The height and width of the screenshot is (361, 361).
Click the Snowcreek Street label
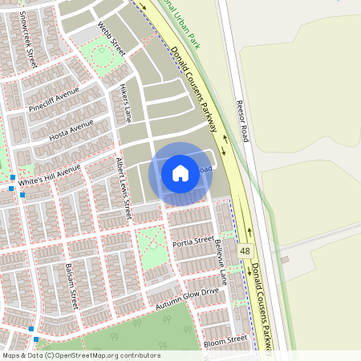tap(30, 38)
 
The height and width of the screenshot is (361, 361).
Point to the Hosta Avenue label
tap(71, 130)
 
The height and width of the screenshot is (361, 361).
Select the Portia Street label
tap(193, 240)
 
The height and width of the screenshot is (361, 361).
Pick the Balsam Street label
tap(71, 286)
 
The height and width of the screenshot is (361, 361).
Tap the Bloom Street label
tap(225, 340)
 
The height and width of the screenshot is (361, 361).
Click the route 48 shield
tap(245, 251)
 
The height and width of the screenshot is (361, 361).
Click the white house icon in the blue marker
tap(180, 172)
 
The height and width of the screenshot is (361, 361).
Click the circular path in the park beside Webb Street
tap(102, 56)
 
